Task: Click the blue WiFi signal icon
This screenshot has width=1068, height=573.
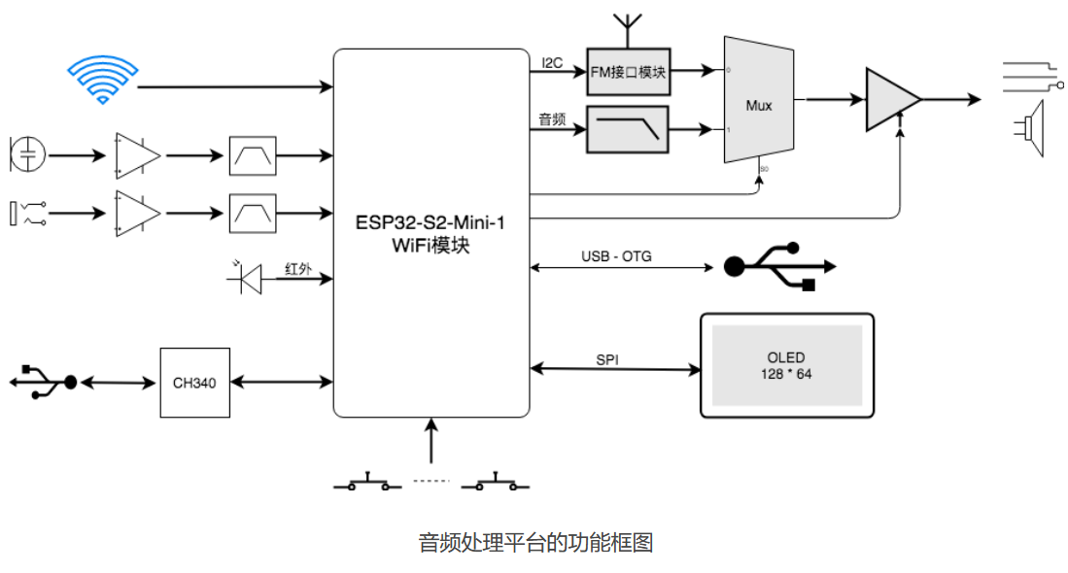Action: coord(102,80)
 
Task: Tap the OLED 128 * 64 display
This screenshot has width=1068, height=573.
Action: coord(786,365)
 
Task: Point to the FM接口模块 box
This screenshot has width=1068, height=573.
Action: coord(628,72)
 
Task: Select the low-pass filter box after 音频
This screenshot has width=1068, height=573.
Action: coord(628,129)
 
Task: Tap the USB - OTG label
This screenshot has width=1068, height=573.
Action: coord(616,256)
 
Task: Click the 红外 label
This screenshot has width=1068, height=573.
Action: coord(297,269)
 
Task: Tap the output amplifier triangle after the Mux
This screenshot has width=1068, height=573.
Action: coord(890,98)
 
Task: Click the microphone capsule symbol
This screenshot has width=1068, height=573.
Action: coord(28,153)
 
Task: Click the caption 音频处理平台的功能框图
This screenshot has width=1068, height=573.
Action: coord(534,542)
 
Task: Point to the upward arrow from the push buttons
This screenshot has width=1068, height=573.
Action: coord(431,441)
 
